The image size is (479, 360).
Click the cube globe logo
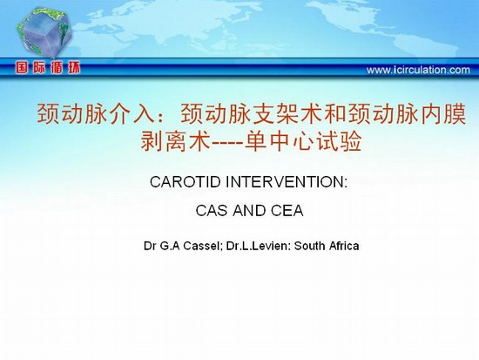tap(44, 33)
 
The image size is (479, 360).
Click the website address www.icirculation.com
tap(418, 70)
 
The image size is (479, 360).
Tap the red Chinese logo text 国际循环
tap(48, 68)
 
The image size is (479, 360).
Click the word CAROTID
tap(186, 182)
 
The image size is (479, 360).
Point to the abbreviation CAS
tap(212, 210)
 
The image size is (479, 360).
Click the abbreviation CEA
tap(287, 210)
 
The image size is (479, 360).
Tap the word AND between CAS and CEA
tap(249, 210)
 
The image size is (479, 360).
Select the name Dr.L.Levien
tap(259, 246)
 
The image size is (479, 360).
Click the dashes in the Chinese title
tap(227, 143)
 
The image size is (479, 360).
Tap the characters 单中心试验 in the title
tap(303, 141)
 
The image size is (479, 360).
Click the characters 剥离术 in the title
tap(176, 141)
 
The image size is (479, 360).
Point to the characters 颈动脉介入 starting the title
tap(97, 113)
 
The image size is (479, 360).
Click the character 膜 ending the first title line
tap(455, 113)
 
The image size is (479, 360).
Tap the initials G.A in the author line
tap(170, 246)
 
